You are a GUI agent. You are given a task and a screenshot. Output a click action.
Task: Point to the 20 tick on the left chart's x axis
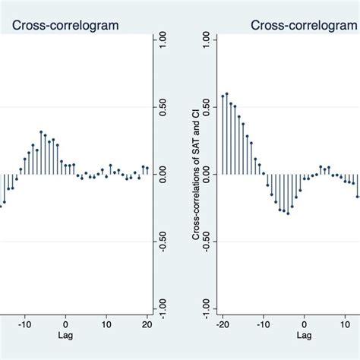(x=147, y=321)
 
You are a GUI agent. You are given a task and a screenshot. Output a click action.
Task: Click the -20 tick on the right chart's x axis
(x=222, y=321)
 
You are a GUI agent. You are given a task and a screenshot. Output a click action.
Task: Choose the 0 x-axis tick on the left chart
(x=66, y=321)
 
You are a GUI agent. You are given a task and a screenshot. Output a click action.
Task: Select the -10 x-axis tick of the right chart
(x=263, y=321)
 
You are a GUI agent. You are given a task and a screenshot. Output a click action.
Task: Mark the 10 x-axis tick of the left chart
(x=106, y=321)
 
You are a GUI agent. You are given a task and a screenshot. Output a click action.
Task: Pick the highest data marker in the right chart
(x=226, y=93)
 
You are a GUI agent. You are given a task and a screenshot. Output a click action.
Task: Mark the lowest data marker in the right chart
(x=287, y=213)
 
